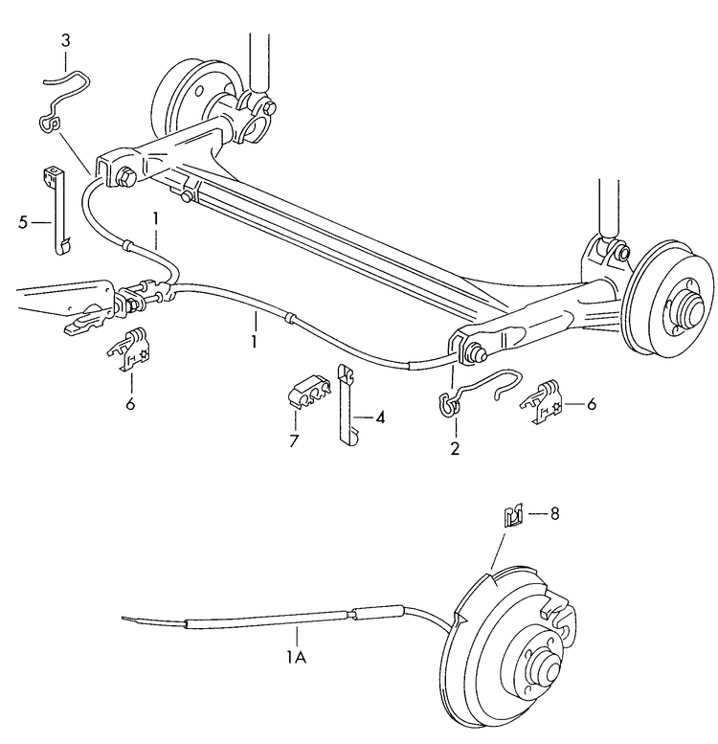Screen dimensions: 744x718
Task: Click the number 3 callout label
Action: [x=65, y=40]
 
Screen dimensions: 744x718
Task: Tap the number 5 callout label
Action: [x=22, y=222]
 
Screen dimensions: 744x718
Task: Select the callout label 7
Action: [x=295, y=441]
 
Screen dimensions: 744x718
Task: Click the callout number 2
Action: [x=455, y=447]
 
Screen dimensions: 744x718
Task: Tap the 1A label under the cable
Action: [x=296, y=657]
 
